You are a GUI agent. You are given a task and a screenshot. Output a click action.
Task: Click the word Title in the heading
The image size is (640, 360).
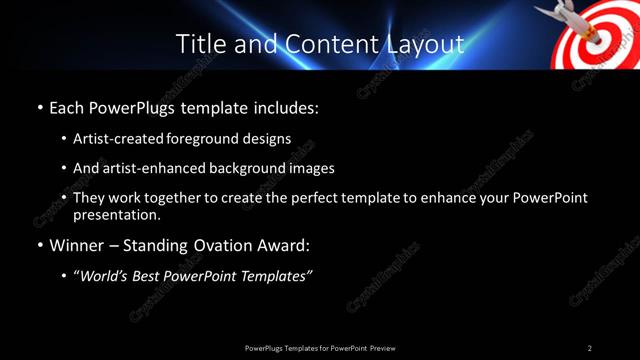198,44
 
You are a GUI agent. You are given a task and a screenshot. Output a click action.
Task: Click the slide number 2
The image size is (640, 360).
589,347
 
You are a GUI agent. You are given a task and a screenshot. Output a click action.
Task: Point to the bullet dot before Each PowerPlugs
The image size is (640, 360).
39,107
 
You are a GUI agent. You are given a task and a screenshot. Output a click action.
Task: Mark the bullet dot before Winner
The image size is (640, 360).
39,244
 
